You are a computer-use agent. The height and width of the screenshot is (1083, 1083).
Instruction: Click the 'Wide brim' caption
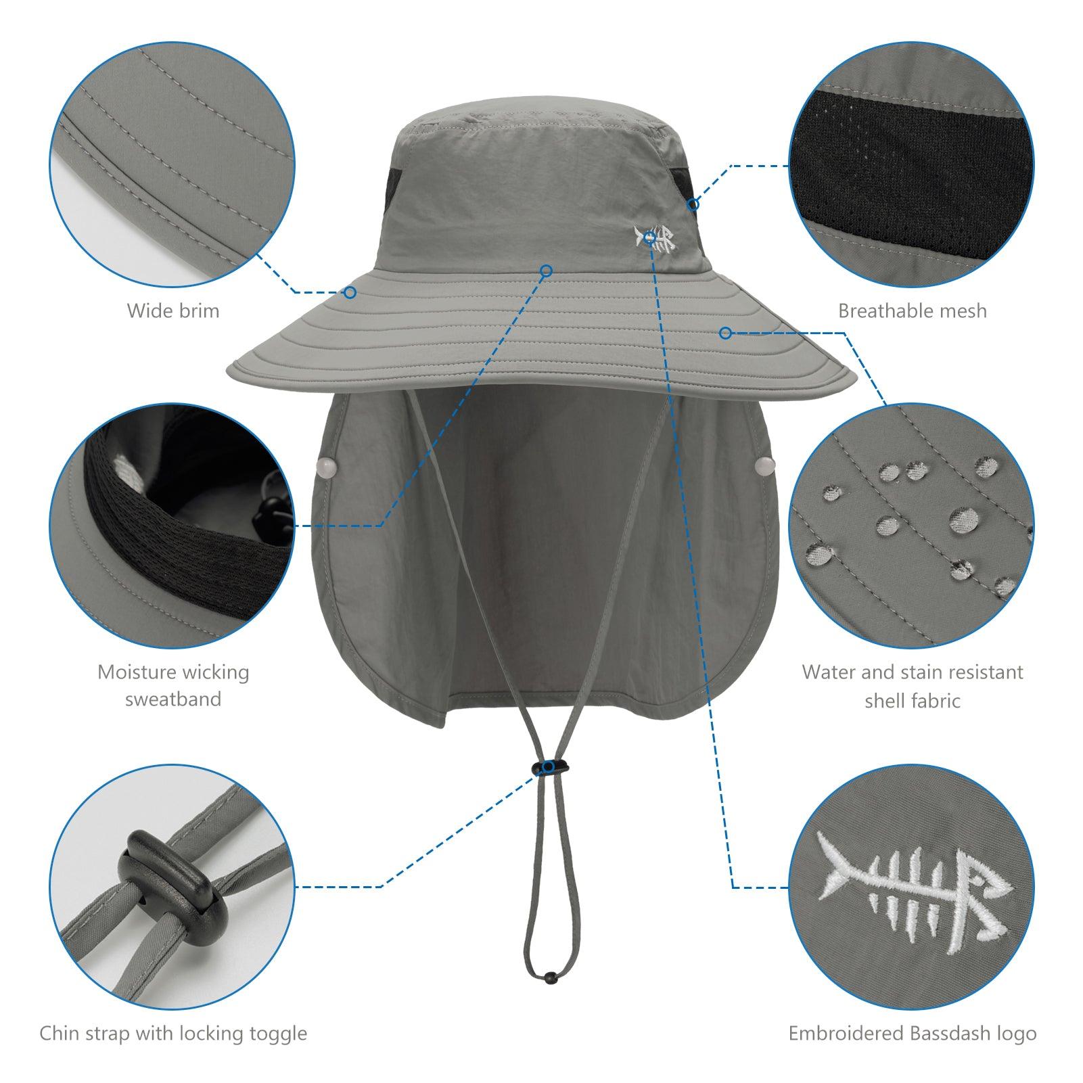point(173,310)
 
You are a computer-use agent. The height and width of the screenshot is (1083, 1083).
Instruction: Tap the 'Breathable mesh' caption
point(913,310)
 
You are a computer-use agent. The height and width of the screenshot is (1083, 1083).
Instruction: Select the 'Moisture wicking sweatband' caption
point(173,685)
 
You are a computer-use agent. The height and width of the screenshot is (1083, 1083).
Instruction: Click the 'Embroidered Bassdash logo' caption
point(913,1034)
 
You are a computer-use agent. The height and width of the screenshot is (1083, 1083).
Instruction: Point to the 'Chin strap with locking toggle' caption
point(173,1034)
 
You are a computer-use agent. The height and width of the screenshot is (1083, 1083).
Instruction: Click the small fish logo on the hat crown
point(655,239)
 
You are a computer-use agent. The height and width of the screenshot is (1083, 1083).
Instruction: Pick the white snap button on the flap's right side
point(763,465)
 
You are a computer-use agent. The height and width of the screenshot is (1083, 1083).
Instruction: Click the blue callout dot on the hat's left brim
point(350,292)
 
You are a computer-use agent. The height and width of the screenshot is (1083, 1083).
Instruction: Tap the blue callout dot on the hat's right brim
point(725,332)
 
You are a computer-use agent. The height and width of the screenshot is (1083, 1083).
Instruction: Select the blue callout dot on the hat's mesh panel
point(693,203)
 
